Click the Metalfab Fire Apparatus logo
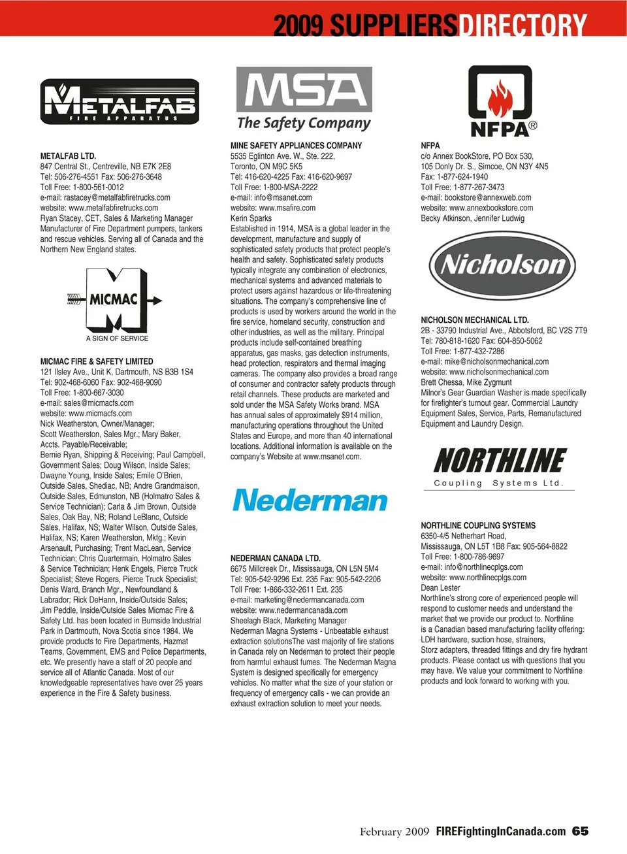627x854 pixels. coord(120,101)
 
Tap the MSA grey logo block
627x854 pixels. coord(304,90)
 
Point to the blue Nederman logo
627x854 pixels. coord(310,501)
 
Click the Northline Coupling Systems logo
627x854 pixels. coord(500,467)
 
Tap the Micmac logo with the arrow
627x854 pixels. coord(115,302)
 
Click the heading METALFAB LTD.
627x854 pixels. coord(68,156)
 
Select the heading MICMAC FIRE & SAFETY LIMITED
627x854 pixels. coord(97,361)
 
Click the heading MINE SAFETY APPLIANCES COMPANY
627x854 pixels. coord(296,146)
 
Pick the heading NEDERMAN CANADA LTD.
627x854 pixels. coord(275,559)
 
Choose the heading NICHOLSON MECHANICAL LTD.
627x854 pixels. coord(475,320)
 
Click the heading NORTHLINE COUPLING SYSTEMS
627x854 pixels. coord(478,525)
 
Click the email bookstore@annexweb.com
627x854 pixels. coord(487,197)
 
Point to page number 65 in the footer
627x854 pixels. coord(580,831)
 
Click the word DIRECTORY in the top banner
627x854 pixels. coord(522,25)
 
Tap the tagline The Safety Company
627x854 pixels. coord(304,123)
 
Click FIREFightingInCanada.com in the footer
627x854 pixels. coord(500,831)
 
